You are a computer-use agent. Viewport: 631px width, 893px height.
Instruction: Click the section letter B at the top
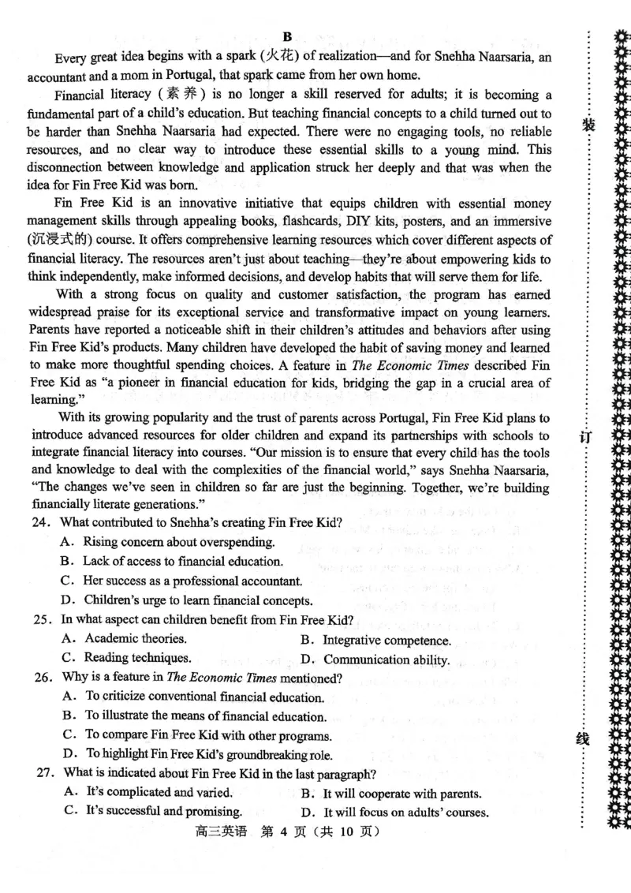[286, 37]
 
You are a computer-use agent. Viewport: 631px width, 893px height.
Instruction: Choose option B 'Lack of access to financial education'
[172, 562]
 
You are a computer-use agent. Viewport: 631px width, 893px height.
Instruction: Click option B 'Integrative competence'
[376, 640]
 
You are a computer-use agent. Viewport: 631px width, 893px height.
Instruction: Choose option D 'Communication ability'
[375, 659]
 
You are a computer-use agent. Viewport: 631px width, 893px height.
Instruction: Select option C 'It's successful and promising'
[152, 811]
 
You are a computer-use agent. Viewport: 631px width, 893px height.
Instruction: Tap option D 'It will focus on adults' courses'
[394, 812]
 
